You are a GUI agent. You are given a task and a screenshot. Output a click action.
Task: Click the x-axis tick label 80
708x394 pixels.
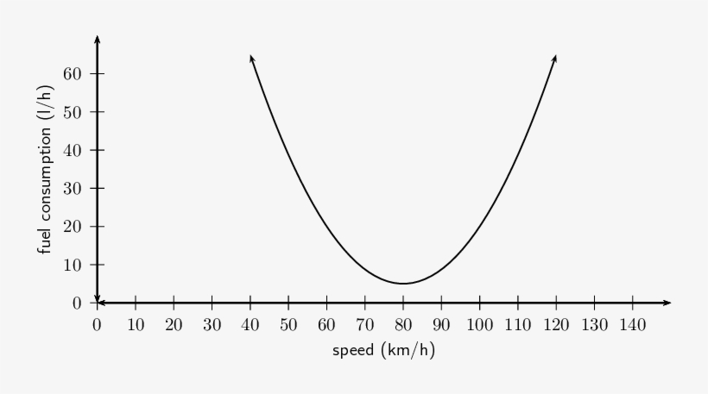(x=403, y=325)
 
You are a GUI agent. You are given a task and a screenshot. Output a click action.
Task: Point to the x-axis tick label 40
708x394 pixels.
(x=250, y=325)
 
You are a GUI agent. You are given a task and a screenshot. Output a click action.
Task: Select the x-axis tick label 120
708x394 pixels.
(x=556, y=325)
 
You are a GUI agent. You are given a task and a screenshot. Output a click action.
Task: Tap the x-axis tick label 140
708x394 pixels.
(x=632, y=325)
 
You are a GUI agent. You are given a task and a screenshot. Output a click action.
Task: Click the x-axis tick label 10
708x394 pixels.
(x=136, y=325)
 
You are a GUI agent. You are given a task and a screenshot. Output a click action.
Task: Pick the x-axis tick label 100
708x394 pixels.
(x=479, y=325)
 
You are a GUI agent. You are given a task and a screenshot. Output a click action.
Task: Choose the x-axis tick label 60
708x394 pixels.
(x=326, y=325)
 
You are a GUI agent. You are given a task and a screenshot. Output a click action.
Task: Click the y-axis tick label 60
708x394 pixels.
(x=72, y=74)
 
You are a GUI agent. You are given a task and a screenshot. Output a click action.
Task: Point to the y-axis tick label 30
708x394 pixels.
(x=72, y=188)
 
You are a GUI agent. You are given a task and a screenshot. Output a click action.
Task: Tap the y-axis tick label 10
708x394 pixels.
(x=72, y=265)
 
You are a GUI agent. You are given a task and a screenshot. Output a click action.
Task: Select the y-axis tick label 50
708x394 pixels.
(x=72, y=112)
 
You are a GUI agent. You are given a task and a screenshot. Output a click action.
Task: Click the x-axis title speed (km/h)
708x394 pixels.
(x=383, y=351)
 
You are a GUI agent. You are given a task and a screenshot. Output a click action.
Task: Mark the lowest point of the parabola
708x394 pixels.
(x=403, y=284)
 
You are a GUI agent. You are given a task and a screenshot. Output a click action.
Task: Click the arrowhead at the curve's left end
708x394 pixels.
(x=251, y=58)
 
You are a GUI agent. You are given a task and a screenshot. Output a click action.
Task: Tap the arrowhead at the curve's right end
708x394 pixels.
(x=554, y=58)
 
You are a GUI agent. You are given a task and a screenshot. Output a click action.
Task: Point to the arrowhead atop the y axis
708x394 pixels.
(x=98, y=39)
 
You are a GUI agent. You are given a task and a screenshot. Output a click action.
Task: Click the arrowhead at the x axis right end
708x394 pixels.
(x=667, y=303)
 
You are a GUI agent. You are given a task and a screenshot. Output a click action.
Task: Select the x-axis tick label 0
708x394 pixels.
(x=98, y=325)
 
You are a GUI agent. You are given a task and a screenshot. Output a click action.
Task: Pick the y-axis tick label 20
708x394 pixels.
(x=72, y=227)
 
